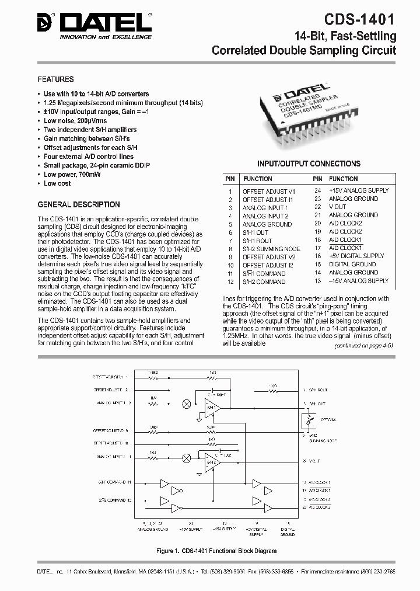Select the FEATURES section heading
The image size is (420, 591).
[55, 79]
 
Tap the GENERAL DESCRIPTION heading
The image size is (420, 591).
[79, 205]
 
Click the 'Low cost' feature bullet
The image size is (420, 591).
[57, 183]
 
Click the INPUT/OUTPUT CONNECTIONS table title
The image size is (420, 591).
[309, 164]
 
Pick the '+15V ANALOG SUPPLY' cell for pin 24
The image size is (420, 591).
[358, 190]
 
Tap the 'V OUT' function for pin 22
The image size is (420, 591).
[337, 207]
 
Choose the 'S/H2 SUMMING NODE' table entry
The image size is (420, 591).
[271, 249]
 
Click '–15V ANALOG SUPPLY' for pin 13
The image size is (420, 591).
[358, 281]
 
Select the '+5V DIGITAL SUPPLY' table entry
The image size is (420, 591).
[356, 256]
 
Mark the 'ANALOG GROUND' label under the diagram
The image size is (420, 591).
[152, 529]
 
